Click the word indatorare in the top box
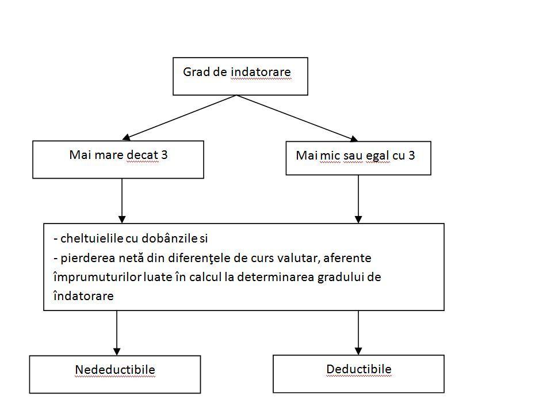click(x=261, y=72)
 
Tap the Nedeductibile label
click(x=115, y=369)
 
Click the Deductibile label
click(x=359, y=369)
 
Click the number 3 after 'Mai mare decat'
click(x=165, y=154)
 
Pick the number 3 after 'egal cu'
click(x=411, y=156)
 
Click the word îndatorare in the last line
click(x=83, y=296)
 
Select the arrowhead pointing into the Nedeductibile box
click(x=117, y=351)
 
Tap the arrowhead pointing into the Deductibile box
click(x=358, y=351)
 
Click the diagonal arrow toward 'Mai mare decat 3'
click(x=179, y=118)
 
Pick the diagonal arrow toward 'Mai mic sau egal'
click(x=297, y=118)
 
